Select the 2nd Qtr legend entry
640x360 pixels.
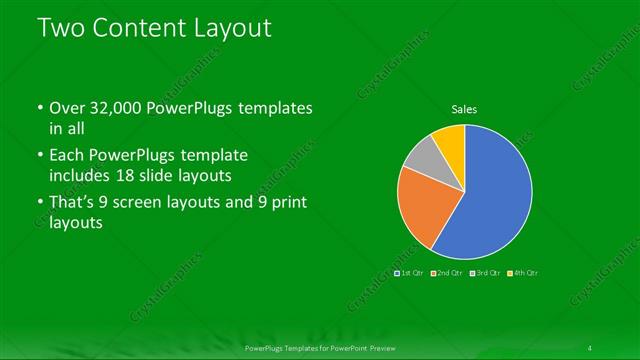[448, 272]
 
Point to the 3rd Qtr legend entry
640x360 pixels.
[485, 272]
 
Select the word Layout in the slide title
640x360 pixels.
[231, 28]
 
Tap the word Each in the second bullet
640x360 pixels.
[69, 156]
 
